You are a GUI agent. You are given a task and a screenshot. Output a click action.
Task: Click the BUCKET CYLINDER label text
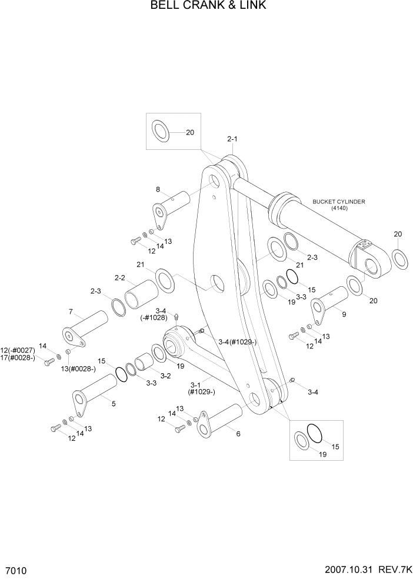click(x=338, y=202)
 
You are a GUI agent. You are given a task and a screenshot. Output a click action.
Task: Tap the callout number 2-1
click(x=232, y=139)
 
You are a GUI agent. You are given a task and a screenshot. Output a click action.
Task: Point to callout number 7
click(x=71, y=311)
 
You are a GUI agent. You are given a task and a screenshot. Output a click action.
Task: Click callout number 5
click(x=113, y=404)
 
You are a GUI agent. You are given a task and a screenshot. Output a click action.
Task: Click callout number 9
click(x=344, y=314)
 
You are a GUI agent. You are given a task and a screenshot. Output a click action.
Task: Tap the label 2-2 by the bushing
click(x=120, y=277)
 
